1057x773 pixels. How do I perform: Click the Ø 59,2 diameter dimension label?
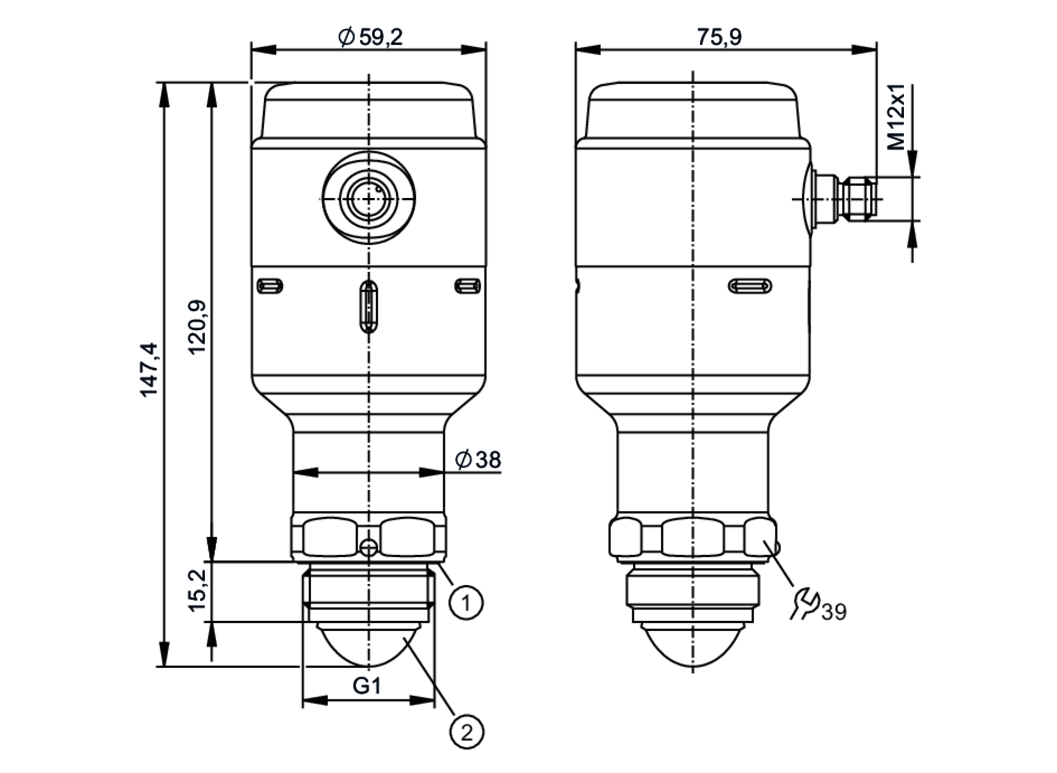[x=370, y=37]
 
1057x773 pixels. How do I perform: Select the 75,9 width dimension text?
[x=719, y=37]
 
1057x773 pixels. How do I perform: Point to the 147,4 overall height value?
[x=149, y=370]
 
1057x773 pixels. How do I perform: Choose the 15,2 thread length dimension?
[x=198, y=591]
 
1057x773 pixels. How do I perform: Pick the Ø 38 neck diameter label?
[x=478, y=459]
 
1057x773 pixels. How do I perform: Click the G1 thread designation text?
[x=367, y=686]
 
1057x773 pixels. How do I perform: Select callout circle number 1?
[x=466, y=602]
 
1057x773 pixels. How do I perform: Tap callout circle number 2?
[x=466, y=733]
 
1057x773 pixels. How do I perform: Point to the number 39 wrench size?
[x=835, y=612]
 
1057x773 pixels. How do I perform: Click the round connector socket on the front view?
[x=369, y=198]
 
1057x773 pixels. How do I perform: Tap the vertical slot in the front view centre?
[x=368, y=306]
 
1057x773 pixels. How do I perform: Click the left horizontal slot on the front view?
[x=270, y=286]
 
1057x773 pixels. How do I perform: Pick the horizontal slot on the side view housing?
[x=749, y=286]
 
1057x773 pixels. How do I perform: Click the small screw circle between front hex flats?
[x=368, y=548]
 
